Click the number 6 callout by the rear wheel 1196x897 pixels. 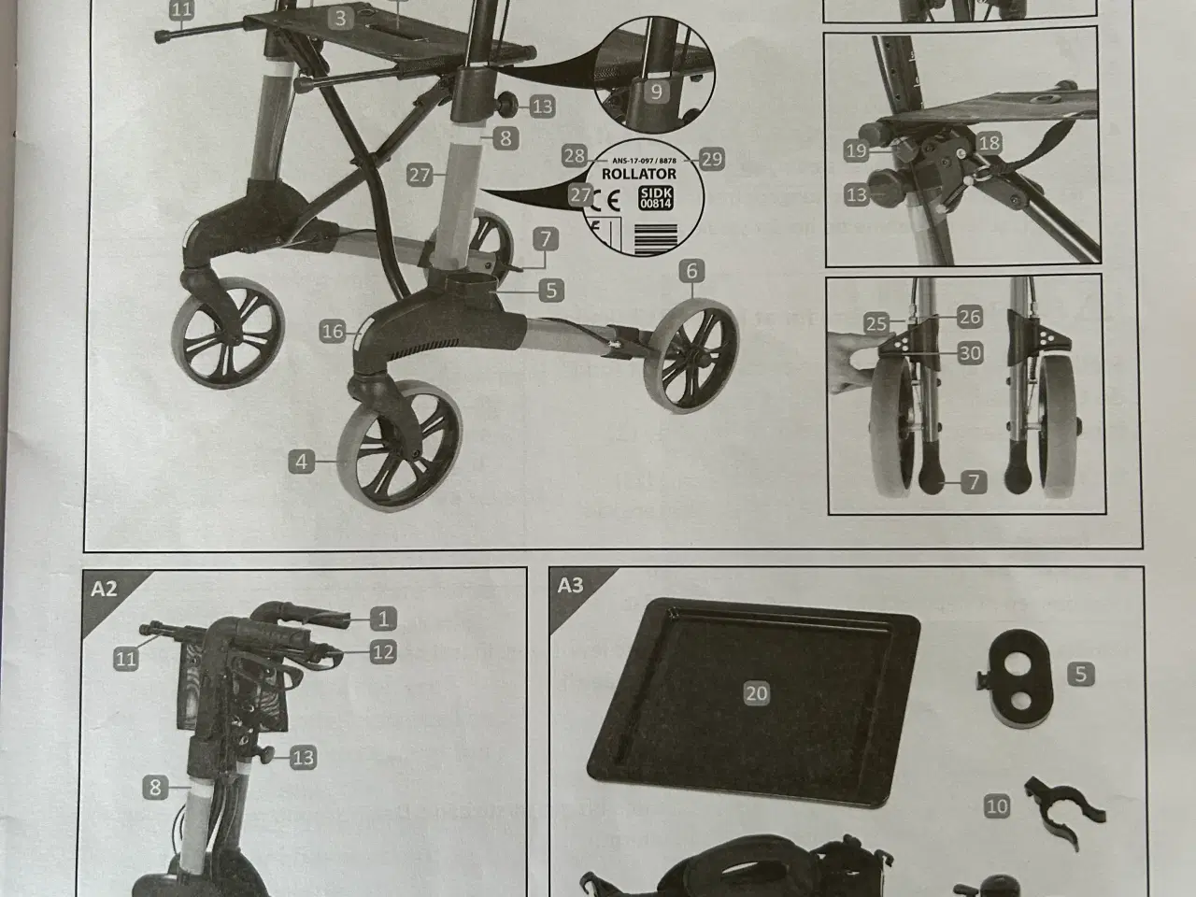coord(691,272)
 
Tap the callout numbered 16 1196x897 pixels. coord(333,331)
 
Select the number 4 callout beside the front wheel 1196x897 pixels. coord(301,461)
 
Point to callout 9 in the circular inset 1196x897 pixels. coord(657,92)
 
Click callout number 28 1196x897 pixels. coord(574,156)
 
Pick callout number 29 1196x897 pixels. coord(712,159)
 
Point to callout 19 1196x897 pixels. coord(856,149)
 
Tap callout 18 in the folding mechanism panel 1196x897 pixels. coord(990,143)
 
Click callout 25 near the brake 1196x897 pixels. coord(876,324)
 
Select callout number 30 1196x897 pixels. coord(970,353)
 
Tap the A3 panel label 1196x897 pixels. coord(570,586)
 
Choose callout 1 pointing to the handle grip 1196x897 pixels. coord(382,618)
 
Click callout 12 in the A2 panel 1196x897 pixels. coord(383,651)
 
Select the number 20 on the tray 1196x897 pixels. coord(756,692)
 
